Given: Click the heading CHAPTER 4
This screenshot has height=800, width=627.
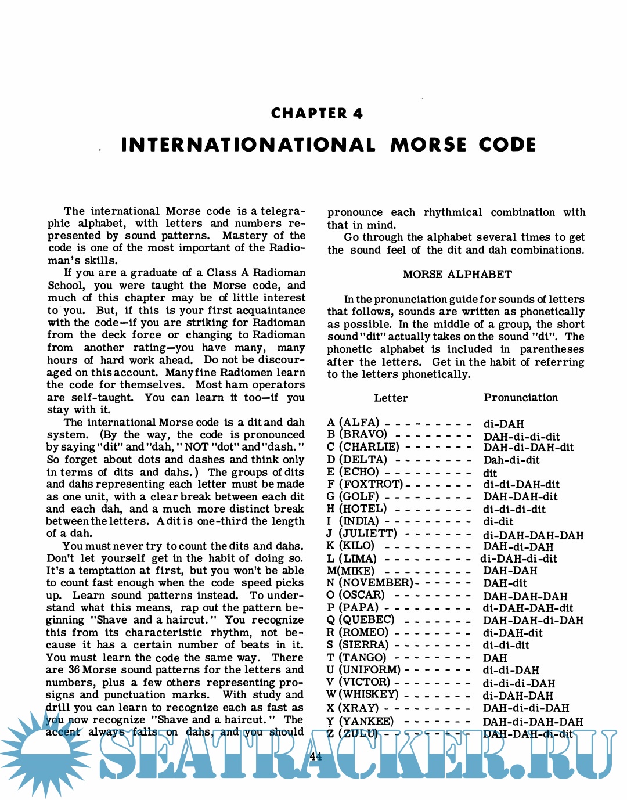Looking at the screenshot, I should (316, 114).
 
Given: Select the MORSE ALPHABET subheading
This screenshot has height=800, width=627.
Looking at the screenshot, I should (457, 275).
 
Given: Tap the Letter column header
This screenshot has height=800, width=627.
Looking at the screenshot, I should (390, 398).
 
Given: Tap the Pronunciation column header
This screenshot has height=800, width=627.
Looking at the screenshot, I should (520, 398).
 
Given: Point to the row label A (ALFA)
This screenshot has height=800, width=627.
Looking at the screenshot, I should (353, 423).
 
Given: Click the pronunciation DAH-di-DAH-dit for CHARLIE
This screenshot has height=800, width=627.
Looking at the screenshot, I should (528, 447).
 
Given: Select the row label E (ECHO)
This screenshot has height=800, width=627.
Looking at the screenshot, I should (353, 472).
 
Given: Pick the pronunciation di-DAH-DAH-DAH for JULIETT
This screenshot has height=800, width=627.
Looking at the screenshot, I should (533, 535).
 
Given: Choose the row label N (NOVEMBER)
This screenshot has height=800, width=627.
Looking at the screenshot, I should (369, 583).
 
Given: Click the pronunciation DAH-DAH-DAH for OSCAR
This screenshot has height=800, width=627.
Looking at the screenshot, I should (525, 596).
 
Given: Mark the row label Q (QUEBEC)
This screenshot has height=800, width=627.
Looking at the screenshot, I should (361, 619).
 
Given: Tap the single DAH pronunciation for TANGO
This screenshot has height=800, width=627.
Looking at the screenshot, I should (495, 658).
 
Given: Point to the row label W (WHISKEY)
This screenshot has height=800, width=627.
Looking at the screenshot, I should (362, 694).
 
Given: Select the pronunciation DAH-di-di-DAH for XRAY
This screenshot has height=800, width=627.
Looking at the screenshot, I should (525, 708).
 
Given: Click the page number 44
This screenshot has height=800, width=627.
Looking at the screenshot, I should (316, 756).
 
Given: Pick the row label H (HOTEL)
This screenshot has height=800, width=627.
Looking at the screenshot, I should (356, 509).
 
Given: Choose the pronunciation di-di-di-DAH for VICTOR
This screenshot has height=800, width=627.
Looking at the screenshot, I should (518, 683).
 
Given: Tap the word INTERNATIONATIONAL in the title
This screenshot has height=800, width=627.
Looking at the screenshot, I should (248, 145).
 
